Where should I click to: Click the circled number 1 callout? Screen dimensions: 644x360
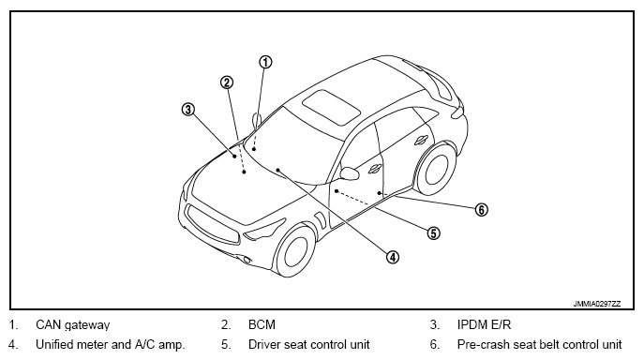pos(265,62)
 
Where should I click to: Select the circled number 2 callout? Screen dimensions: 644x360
pos(227,82)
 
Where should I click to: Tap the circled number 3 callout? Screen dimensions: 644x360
pos(188,110)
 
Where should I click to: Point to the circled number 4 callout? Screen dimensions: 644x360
pos(393,257)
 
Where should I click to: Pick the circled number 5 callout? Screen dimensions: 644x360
pos(433,233)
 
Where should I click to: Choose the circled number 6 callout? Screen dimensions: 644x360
pos(481,210)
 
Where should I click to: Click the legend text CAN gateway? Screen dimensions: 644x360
pos(73,325)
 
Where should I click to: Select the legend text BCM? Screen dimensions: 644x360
pos(262,324)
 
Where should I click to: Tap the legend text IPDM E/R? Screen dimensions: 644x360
pos(485,324)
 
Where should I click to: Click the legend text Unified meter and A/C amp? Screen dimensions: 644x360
pos(111,344)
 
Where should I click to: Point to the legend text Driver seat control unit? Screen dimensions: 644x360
pos(308,344)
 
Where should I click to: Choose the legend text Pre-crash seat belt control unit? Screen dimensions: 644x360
pos(540,344)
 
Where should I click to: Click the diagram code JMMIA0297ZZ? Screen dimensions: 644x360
pos(597,304)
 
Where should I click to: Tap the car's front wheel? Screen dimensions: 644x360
pos(294,250)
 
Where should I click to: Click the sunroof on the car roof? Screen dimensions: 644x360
pos(331,107)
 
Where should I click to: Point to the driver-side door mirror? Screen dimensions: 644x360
pos(350,173)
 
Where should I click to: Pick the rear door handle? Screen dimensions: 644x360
pos(421,140)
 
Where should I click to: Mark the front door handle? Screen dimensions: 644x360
pos(375,169)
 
